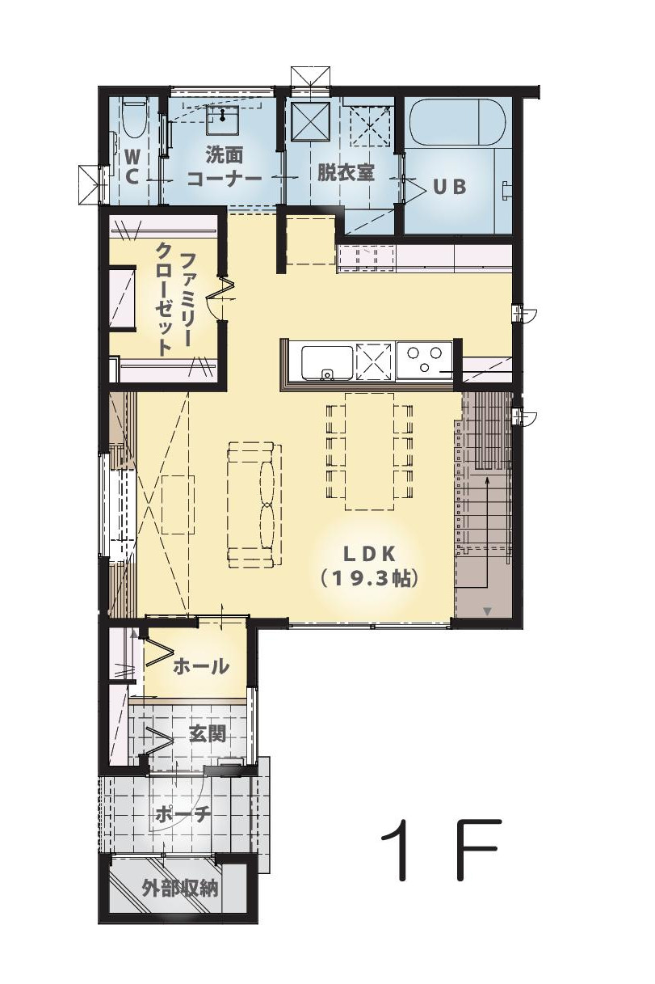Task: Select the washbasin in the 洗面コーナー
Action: tap(223, 120)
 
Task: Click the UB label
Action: tap(449, 187)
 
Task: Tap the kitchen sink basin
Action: tap(327, 362)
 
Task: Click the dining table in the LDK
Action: tap(369, 451)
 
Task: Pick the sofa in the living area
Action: tap(254, 506)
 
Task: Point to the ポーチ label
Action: tap(183, 815)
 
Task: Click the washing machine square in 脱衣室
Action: tap(311, 121)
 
